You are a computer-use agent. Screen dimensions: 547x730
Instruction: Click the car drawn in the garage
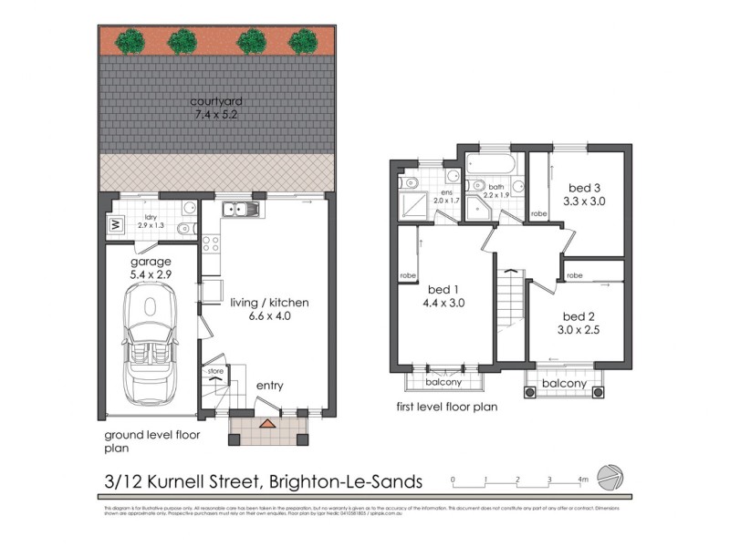148,342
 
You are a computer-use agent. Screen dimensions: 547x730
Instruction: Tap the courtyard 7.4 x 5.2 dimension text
215,116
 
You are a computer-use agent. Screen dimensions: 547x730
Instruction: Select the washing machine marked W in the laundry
116,223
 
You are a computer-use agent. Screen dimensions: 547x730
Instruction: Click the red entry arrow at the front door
266,424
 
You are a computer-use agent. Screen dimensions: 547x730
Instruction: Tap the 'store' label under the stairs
215,371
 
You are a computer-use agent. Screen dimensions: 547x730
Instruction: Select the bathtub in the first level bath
491,165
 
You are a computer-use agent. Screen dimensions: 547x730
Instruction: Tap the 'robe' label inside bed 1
408,275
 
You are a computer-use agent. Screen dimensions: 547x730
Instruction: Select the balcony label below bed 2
564,384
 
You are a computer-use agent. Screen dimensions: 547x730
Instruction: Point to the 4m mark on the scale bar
582,478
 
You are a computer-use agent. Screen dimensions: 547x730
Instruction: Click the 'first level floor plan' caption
447,407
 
